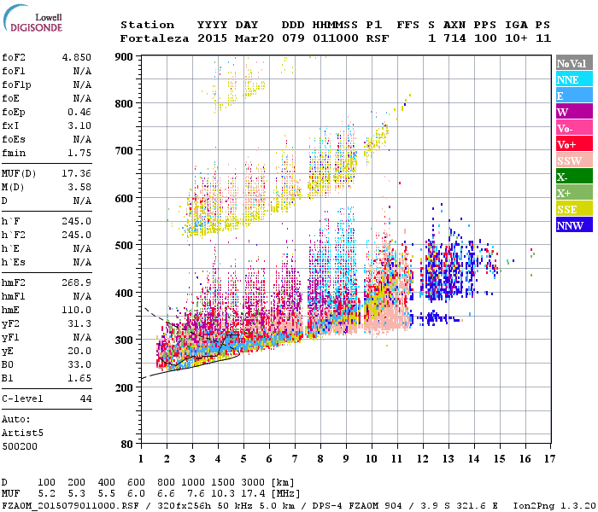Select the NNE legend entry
(568, 79)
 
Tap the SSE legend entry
(568, 209)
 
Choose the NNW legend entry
(570, 225)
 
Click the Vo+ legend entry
(567, 144)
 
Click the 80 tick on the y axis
(126, 445)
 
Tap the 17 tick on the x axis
(548, 458)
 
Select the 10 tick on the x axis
(370, 458)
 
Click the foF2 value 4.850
(76, 56)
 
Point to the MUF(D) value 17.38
(76, 174)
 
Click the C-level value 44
(85, 399)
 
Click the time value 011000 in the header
(336, 38)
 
